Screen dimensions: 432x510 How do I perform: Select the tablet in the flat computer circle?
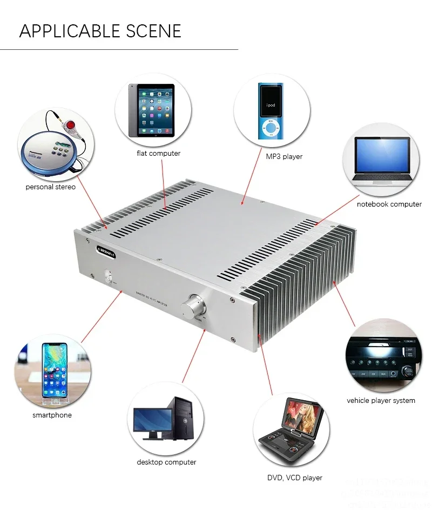click(152, 111)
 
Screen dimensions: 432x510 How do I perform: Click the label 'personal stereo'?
click(51, 187)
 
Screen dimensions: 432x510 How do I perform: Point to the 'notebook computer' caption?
click(389, 204)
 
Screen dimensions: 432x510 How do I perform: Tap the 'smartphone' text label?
click(52, 415)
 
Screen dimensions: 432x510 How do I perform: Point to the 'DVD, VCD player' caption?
click(295, 478)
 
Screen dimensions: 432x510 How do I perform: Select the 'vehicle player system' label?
click(381, 401)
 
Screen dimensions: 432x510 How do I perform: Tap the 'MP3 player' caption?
click(284, 157)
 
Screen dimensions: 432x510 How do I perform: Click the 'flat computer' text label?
click(158, 154)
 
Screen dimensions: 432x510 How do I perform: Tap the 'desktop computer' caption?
click(166, 462)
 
